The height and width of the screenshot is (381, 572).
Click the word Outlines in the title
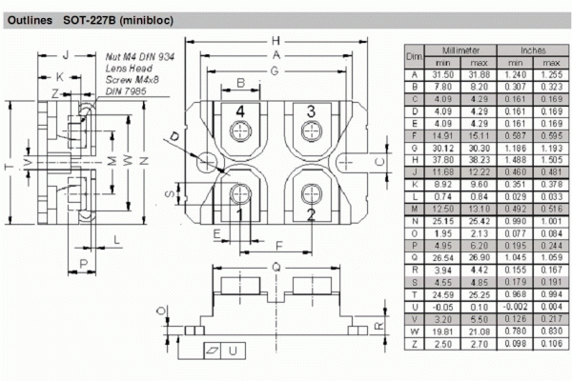[31, 18]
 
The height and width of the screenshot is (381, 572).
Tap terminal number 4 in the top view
[241, 111]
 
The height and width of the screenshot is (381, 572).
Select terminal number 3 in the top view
[310, 111]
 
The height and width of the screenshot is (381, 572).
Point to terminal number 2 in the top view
[310, 214]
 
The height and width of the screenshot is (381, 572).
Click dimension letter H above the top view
[276, 41]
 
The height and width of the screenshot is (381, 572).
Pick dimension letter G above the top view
[276, 70]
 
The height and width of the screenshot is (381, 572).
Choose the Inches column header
[525, 49]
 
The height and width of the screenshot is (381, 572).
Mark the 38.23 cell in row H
[477, 161]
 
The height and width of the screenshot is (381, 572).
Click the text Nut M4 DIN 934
[140, 58]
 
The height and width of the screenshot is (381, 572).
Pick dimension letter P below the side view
[84, 263]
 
